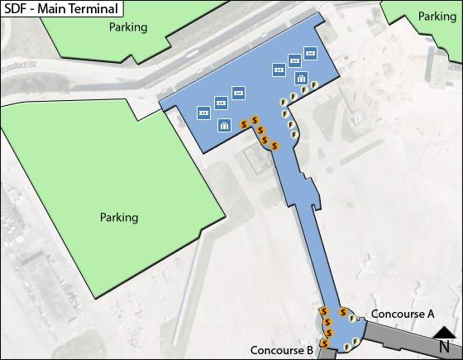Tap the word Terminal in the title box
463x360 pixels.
click(x=90, y=9)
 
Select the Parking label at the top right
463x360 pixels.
click(x=437, y=17)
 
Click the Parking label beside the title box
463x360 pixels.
click(x=128, y=27)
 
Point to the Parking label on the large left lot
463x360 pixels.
click(x=119, y=218)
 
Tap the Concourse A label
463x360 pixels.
click(x=403, y=314)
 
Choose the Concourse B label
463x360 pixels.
click(x=282, y=350)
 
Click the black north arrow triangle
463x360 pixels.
click(x=444, y=332)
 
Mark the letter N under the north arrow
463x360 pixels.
click(x=444, y=347)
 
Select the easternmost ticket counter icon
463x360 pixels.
click(x=311, y=53)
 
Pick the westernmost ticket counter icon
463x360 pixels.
click(x=203, y=112)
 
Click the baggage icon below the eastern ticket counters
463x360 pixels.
click(x=302, y=79)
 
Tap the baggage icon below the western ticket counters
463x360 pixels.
click(x=224, y=126)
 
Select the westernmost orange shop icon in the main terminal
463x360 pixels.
click(x=244, y=124)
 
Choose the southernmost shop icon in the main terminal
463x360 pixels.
click(x=274, y=146)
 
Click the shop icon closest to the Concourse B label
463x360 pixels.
click(x=328, y=342)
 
